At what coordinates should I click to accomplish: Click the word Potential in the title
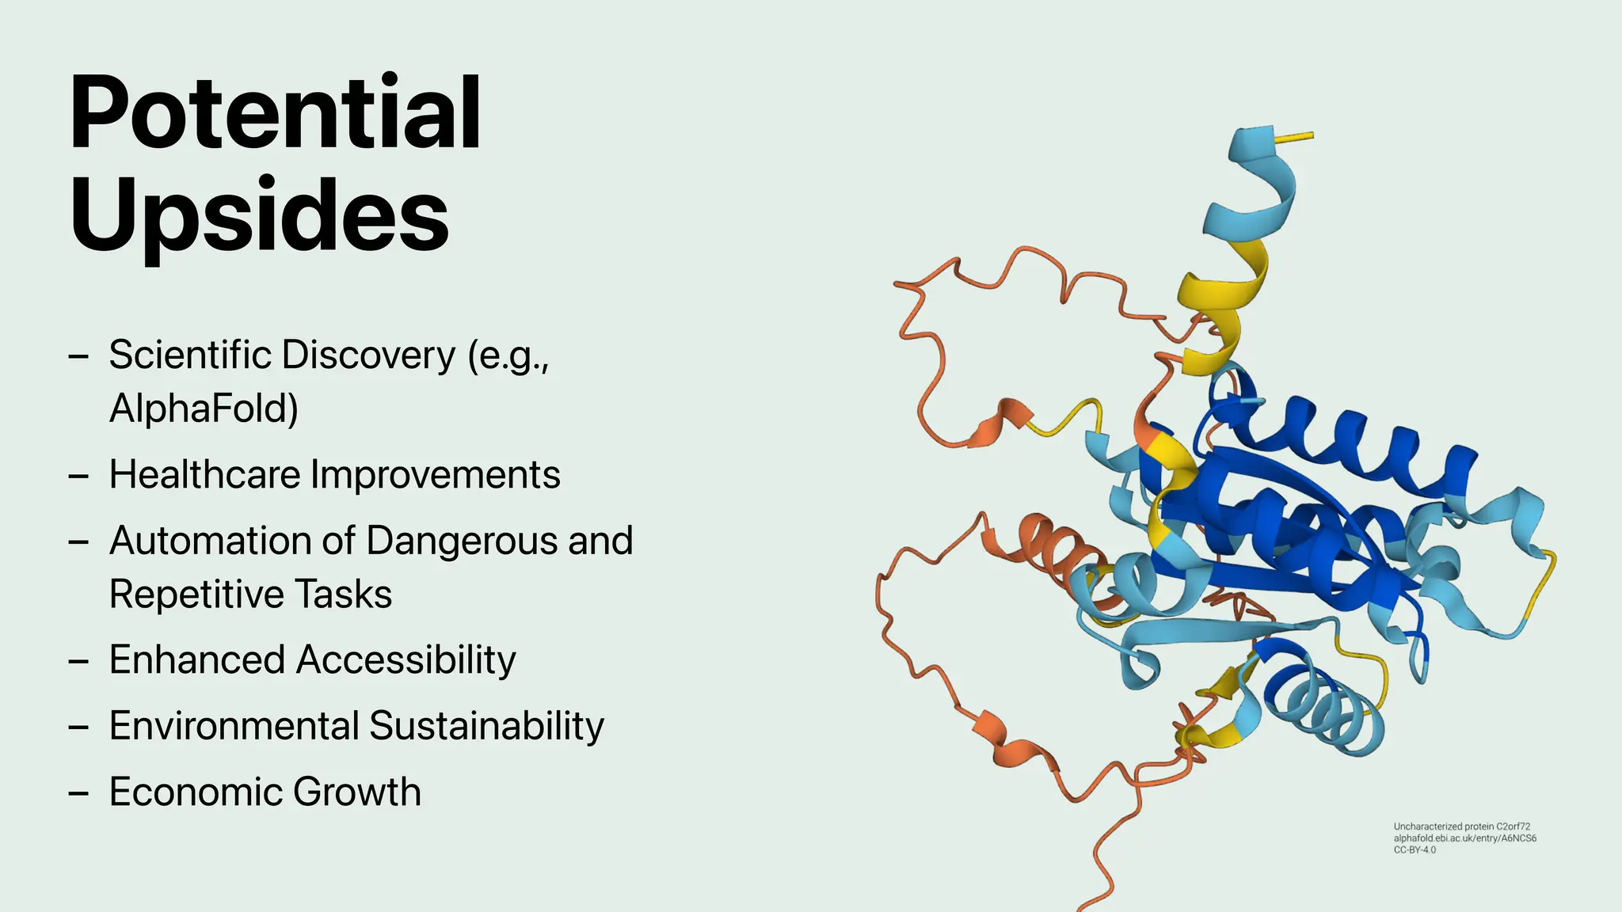[x=275, y=112]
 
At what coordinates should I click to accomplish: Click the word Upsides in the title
[x=259, y=215]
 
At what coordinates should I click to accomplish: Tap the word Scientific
[x=190, y=355]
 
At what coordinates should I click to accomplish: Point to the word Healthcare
[x=204, y=475]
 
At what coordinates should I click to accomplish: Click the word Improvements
[x=435, y=475]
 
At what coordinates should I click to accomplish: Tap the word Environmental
[x=234, y=726]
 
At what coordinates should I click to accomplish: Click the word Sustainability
[x=486, y=726]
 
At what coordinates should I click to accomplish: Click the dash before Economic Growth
[x=78, y=792]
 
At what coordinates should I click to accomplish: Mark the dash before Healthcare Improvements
[x=78, y=476]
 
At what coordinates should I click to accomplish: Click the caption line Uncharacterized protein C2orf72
[x=1461, y=826]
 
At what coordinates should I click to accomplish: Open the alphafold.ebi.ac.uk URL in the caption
[x=1464, y=838]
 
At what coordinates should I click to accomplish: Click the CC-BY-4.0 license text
[x=1414, y=850]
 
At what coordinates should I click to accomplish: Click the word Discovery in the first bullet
[x=368, y=355]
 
